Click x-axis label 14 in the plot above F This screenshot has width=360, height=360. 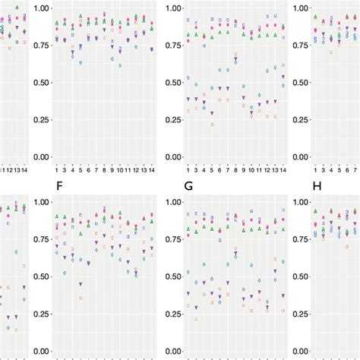151,168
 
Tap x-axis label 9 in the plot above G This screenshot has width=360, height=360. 243,168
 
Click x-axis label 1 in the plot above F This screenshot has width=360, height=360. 56,168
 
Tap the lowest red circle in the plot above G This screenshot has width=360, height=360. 212,124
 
